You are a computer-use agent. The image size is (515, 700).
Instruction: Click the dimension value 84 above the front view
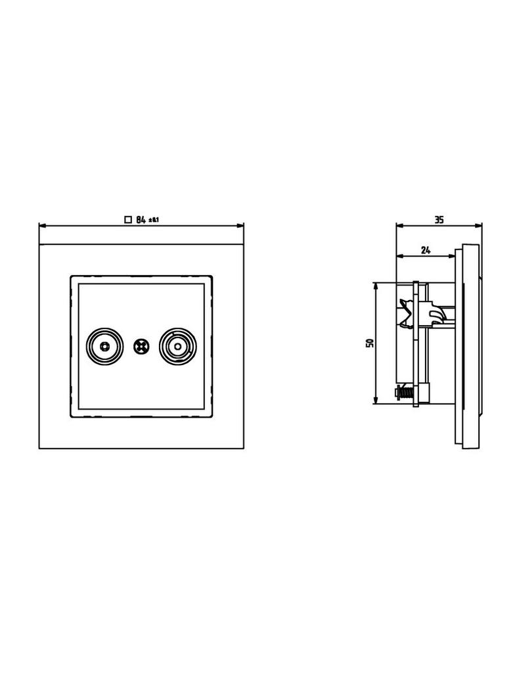141,219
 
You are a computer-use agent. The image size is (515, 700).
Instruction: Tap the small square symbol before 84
128,219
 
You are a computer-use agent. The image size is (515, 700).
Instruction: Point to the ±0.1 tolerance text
154,220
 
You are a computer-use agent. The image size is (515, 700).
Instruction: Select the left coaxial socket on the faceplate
104,347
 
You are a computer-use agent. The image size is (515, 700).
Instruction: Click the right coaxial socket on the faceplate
178,347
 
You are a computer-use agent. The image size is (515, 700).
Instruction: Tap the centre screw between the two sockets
141,347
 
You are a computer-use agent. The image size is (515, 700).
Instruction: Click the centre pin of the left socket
104,347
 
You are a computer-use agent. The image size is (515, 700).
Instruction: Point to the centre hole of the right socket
178,347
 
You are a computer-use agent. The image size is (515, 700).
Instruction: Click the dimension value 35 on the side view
439,219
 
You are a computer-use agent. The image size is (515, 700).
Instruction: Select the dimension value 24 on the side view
426,250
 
